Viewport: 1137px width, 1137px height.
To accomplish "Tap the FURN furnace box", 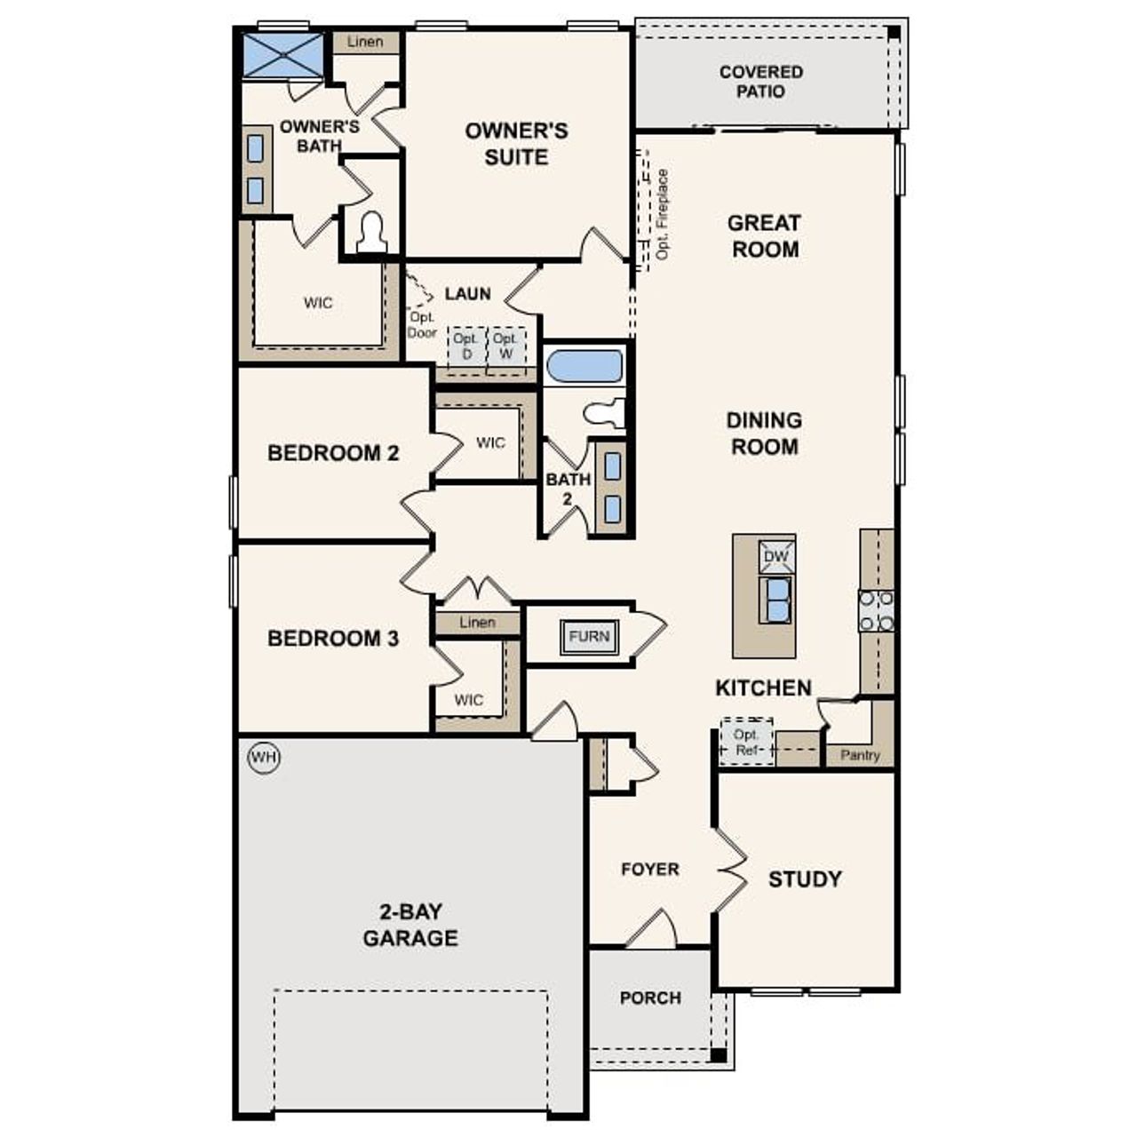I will (589, 636).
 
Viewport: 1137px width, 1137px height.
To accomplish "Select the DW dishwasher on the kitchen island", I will (775, 557).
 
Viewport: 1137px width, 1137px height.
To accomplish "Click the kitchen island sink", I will (776, 600).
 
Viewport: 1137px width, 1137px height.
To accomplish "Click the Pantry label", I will (859, 755).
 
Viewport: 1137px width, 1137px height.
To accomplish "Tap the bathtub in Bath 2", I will (584, 367).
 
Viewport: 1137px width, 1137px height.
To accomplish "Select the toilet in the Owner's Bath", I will (370, 234).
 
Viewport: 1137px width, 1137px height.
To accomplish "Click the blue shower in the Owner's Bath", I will (282, 55).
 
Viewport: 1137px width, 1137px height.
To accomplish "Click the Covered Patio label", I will (761, 82).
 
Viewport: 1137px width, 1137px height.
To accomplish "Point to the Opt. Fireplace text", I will (663, 215).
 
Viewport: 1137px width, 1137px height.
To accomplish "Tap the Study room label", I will (804, 879).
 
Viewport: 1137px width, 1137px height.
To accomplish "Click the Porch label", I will (650, 998).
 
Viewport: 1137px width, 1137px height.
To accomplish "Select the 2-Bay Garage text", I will (410, 925).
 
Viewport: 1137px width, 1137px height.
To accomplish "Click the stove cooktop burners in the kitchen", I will (876, 611).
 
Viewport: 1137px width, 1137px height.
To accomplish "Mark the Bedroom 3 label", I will (333, 638).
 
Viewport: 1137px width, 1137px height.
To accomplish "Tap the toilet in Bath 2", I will (606, 412).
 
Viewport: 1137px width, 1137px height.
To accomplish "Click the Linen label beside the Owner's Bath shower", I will (365, 42).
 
